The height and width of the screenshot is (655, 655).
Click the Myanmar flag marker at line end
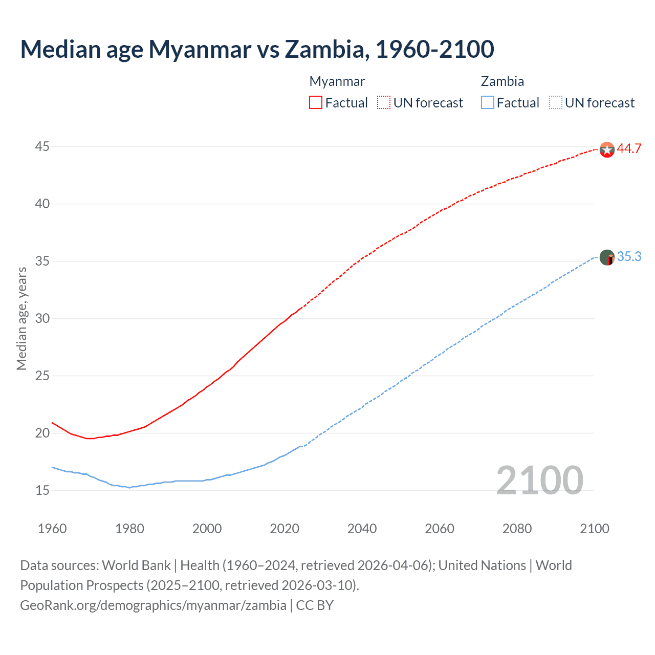pyautogui.click(x=606, y=149)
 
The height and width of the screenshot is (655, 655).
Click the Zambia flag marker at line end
pyautogui.click(x=606, y=257)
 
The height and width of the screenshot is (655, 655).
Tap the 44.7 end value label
pyautogui.click(x=629, y=149)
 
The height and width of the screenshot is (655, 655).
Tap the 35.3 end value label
pyautogui.click(x=629, y=257)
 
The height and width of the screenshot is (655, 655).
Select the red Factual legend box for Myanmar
pyautogui.click(x=316, y=102)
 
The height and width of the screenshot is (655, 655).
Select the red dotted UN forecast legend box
pyautogui.click(x=384, y=102)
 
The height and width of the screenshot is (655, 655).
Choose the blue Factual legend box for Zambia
pyautogui.click(x=487, y=102)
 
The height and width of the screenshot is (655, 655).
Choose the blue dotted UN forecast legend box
pyautogui.click(x=555, y=102)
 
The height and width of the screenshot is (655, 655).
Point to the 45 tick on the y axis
pyautogui.click(x=42, y=147)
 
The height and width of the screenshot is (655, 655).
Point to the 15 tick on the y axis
pyautogui.click(x=42, y=490)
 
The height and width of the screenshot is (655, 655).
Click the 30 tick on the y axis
pyautogui.click(x=42, y=319)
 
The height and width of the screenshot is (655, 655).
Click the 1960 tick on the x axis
pyautogui.click(x=52, y=529)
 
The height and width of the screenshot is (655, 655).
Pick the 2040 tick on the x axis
pyautogui.click(x=362, y=529)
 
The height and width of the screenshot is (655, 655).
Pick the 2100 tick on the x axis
pyautogui.click(x=595, y=529)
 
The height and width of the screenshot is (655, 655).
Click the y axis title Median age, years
pyautogui.click(x=21, y=318)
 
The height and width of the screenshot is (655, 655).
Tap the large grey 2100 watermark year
pyautogui.click(x=539, y=480)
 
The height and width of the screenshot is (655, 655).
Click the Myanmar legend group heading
pyautogui.click(x=337, y=81)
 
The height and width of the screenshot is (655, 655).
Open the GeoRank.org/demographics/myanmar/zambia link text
pyautogui.click(x=153, y=605)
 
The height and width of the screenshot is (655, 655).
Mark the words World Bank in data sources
pyautogui.click(x=136, y=565)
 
